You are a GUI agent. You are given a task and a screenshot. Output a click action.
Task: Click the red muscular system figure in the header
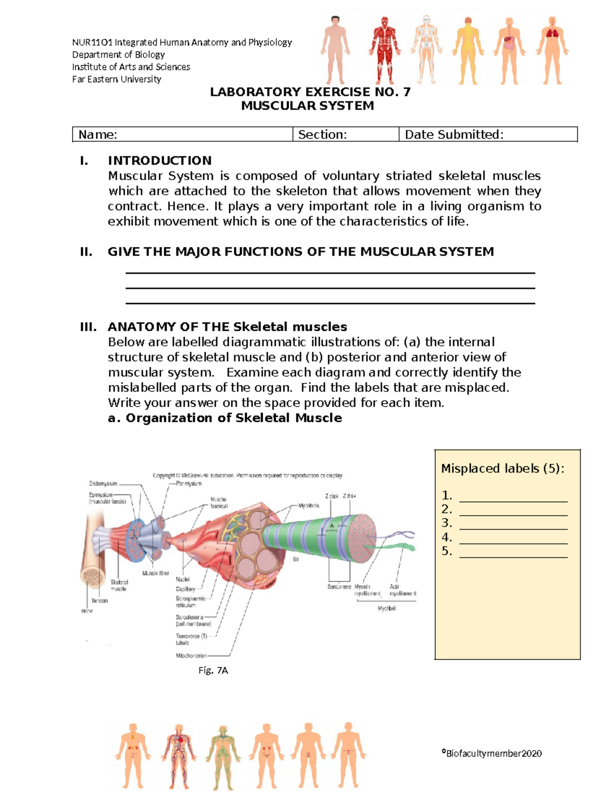pyautogui.click(x=384, y=50)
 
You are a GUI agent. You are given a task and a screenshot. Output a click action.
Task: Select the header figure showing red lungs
pyautogui.click(x=552, y=50)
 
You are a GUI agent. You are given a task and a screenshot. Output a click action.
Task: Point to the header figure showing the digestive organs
pyautogui.click(x=510, y=50)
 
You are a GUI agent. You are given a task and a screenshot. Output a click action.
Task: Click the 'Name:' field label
pyautogui.click(x=98, y=135)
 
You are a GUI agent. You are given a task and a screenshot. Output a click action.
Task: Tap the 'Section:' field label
pyautogui.click(x=322, y=135)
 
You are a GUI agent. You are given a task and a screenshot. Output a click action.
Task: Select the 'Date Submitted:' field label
pyautogui.click(x=454, y=135)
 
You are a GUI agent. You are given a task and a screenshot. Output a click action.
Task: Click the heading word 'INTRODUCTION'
pyautogui.click(x=159, y=161)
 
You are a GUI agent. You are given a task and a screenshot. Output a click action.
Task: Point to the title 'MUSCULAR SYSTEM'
pyautogui.click(x=308, y=106)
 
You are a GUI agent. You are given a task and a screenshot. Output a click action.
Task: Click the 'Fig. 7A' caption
pyautogui.click(x=213, y=670)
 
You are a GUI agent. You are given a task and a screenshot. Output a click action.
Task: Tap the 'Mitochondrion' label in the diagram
pyautogui.click(x=191, y=655)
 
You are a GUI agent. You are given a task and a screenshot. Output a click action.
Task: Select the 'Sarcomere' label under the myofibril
pyautogui.click(x=339, y=587)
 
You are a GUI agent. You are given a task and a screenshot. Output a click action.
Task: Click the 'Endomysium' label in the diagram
pyautogui.click(x=103, y=483)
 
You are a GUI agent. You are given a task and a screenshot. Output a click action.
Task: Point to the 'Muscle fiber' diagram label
pyautogui.click(x=156, y=573)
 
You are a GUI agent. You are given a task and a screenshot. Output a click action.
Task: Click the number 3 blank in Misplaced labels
pyautogui.click(x=513, y=524)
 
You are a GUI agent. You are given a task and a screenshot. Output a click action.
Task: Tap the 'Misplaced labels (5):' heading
pyautogui.click(x=502, y=468)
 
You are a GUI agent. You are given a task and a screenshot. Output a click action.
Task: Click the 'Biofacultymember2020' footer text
pyautogui.click(x=492, y=753)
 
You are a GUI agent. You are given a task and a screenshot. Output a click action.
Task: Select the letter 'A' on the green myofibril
pyautogui.click(x=332, y=526)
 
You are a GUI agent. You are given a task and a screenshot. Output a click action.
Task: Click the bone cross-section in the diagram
pyautogui.click(x=93, y=575)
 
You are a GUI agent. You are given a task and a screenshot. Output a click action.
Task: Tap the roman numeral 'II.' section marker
pyautogui.click(x=86, y=252)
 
